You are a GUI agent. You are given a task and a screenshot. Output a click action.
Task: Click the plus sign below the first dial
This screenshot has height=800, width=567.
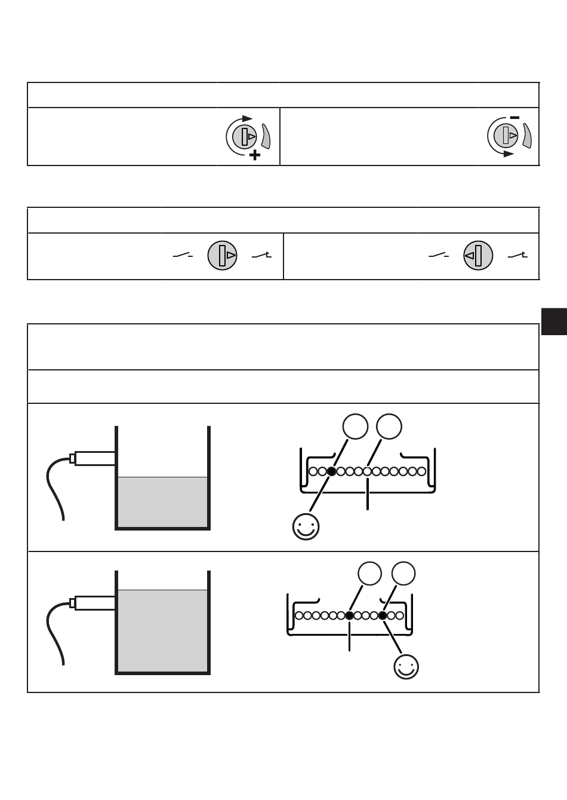click(255, 155)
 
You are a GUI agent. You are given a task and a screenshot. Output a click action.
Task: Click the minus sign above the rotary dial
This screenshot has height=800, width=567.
click(514, 118)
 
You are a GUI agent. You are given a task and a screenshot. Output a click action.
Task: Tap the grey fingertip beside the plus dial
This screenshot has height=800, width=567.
click(266, 137)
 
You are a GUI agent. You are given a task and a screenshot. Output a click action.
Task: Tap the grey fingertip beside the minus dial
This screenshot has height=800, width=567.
click(527, 136)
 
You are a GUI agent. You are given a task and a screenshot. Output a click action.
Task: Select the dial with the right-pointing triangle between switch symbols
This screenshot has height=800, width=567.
click(223, 256)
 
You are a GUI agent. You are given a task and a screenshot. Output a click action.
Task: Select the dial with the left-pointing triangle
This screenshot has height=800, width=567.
click(478, 256)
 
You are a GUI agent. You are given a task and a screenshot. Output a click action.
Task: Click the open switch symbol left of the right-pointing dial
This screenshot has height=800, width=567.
click(183, 256)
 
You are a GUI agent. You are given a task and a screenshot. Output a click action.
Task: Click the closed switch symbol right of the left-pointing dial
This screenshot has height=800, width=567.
click(517, 256)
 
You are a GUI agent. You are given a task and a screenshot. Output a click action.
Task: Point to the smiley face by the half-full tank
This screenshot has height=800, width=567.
click(306, 526)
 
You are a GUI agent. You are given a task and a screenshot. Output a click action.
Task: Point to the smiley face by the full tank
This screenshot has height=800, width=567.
click(406, 667)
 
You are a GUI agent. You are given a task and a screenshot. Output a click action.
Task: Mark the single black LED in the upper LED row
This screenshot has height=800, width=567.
click(332, 471)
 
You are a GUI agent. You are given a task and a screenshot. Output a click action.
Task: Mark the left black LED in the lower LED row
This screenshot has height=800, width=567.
click(350, 615)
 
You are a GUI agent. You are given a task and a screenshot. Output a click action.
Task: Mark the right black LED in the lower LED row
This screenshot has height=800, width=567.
click(383, 615)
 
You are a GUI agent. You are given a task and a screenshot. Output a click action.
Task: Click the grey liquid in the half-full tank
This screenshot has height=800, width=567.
click(162, 501)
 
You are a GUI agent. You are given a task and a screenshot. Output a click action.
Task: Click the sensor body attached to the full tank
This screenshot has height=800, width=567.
click(94, 602)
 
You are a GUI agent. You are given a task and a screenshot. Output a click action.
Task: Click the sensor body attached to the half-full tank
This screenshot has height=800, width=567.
click(94, 458)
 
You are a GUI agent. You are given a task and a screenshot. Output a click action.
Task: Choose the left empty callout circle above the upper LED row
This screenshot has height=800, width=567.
click(355, 427)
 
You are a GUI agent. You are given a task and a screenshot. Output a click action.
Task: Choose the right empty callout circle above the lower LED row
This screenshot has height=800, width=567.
click(404, 574)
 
